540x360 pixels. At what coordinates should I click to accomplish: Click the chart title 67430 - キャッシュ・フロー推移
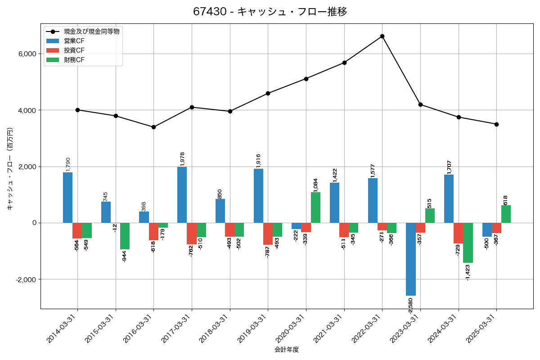coord(270,12)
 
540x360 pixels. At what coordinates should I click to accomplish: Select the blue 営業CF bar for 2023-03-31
coord(411,259)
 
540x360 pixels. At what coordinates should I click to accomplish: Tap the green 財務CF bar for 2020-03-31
coord(315,207)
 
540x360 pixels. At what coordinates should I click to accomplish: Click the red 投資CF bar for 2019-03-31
coord(268,234)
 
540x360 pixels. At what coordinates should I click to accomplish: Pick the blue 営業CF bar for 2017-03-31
coord(182,195)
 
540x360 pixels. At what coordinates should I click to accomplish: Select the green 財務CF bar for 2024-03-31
coord(468,243)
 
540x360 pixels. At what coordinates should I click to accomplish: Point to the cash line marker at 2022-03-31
coord(382,36)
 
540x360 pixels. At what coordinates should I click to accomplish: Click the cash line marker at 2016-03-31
coord(153,127)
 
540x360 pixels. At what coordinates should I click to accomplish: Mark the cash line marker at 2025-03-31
coord(496,124)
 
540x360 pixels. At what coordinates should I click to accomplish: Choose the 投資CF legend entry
coord(74,50)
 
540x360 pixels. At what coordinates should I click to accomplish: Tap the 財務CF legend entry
coord(74,60)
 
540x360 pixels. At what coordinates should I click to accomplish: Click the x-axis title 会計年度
coord(287,350)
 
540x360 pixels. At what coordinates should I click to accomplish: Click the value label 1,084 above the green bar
coord(315,185)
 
